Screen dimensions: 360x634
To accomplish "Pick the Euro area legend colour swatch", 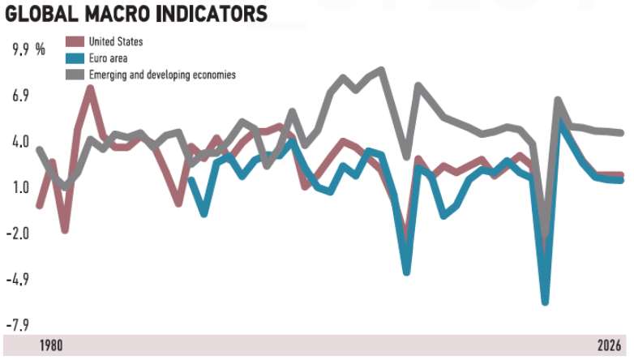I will (75, 58).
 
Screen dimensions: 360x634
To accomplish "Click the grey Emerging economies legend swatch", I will (75, 75).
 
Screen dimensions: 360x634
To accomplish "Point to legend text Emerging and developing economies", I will (163, 75).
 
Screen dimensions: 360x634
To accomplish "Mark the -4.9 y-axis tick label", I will (17, 280).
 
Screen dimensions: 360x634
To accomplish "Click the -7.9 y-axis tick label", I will (17, 326).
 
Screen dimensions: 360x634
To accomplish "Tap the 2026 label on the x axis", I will (609, 345).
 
